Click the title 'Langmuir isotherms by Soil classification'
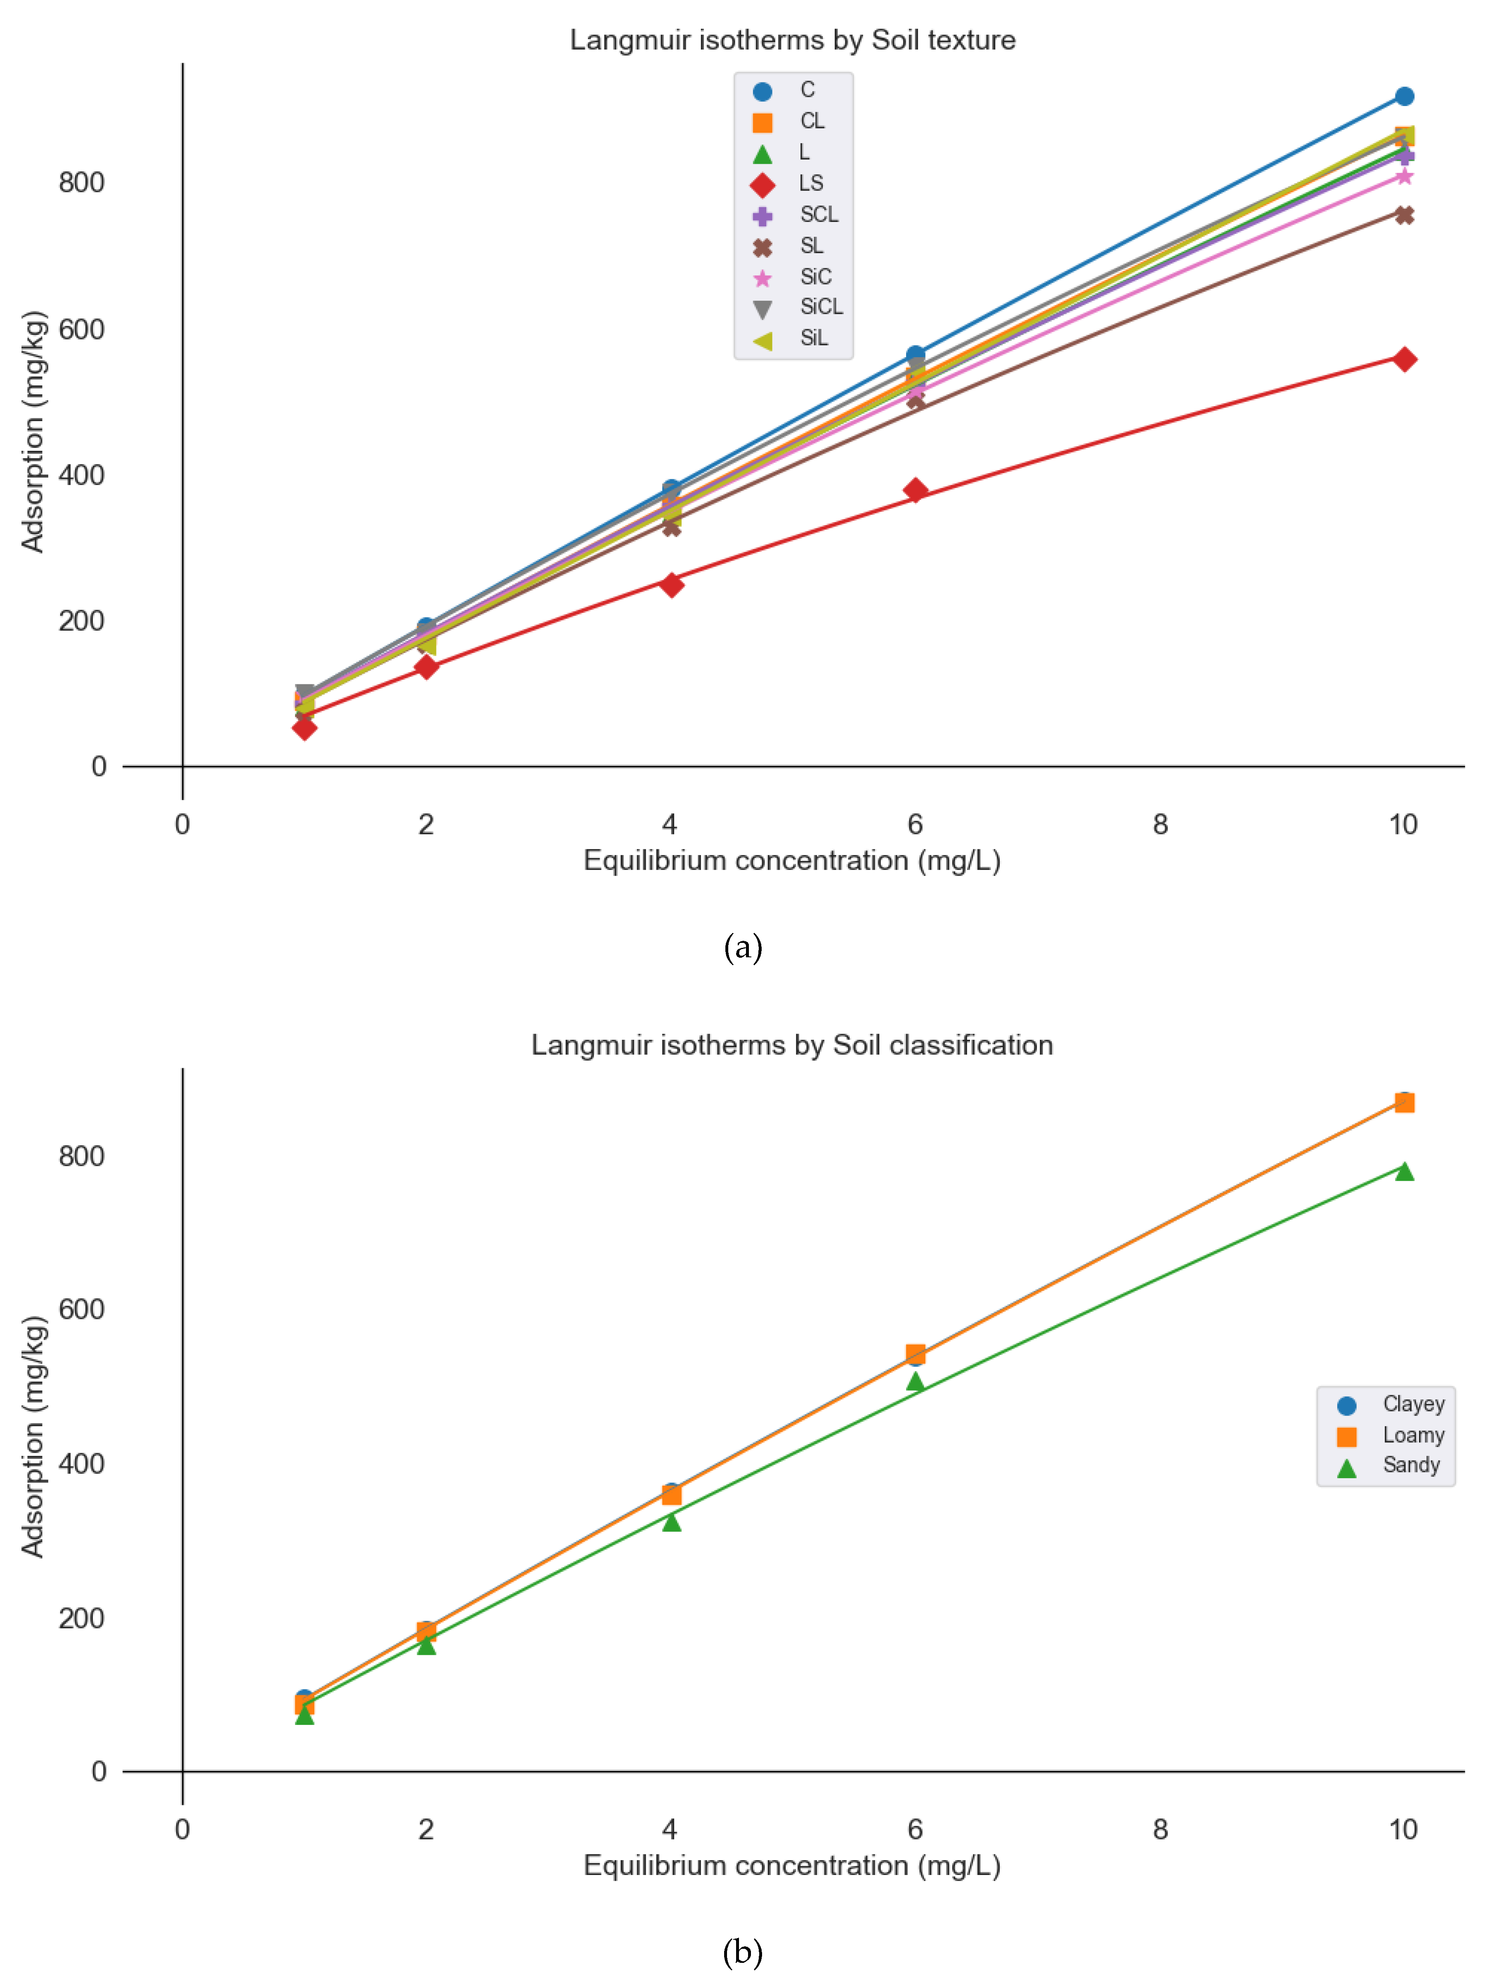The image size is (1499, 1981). pyautogui.click(x=792, y=1045)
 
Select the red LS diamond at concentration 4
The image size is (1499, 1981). pyautogui.click(x=671, y=585)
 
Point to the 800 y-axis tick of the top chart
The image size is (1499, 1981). pyautogui.click(x=82, y=183)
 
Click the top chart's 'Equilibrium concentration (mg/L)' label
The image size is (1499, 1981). pyautogui.click(x=792, y=861)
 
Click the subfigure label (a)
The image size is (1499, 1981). pyautogui.click(x=743, y=947)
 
